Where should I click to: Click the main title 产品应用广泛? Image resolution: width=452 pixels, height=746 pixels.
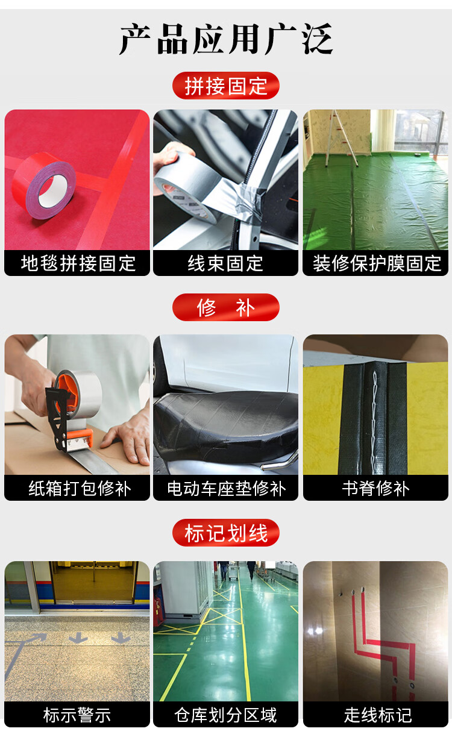pyautogui.click(x=226, y=39)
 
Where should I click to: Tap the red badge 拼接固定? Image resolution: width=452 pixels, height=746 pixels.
pyautogui.click(x=226, y=86)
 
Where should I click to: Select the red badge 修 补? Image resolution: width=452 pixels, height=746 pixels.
pyautogui.click(x=226, y=307)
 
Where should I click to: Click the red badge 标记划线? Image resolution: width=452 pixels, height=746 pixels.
pyautogui.click(x=226, y=533)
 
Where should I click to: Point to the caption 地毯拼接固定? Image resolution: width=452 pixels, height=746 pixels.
pyautogui.click(x=78, y=263)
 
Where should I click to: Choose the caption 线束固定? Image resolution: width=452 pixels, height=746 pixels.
pyautogui.click(x=225, y=263)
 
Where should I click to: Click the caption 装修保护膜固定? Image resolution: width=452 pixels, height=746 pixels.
pyautogui.click(x=377, y=263)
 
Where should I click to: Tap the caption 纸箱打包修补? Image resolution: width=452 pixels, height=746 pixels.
pyautogui.click(x=80, y=488)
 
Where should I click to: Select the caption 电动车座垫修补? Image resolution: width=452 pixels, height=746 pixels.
pyautogui.click(x=227, y=488)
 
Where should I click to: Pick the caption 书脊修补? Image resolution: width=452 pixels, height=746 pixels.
pyautogui.click(x=375, y=488)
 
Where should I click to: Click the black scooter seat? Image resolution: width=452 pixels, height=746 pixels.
pyautogui.click(x=227, y=422)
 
